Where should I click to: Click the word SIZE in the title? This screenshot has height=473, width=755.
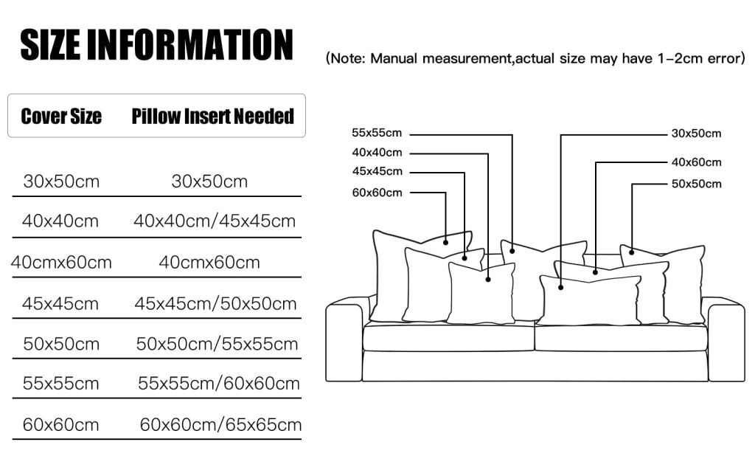tap(50, 45)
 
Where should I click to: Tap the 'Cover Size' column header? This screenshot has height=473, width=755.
tap(61, 116)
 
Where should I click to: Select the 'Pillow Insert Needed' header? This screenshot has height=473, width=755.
tap(213, 116)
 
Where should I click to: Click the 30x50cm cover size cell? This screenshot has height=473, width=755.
tap(61, 182)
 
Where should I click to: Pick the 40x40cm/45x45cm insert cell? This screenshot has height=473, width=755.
tap(215, 221)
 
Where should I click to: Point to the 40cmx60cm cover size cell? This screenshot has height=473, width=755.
tap(61, 263)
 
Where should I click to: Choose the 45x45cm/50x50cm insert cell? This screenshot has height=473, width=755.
tap(215, 304)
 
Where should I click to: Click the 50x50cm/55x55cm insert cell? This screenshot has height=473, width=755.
tap(217, 345)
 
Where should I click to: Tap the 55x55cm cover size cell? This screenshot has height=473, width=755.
tap(60, 384)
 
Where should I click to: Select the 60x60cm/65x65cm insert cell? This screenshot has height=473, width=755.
tap(220, 425)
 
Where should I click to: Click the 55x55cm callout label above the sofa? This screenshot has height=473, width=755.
tap(377, 133)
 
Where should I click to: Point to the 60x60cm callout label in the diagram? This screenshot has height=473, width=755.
tap(377, 193)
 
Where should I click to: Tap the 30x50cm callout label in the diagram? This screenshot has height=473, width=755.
tap(696, 134)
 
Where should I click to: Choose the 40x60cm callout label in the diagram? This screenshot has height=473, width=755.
tap(696, 162)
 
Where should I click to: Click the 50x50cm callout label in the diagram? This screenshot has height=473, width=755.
tap(696, 184)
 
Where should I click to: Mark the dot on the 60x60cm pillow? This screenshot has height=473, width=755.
tap(446, 242)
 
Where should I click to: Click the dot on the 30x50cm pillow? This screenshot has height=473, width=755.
tap(561, 288)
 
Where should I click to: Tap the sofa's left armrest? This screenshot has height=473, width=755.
tap(344, 339)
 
